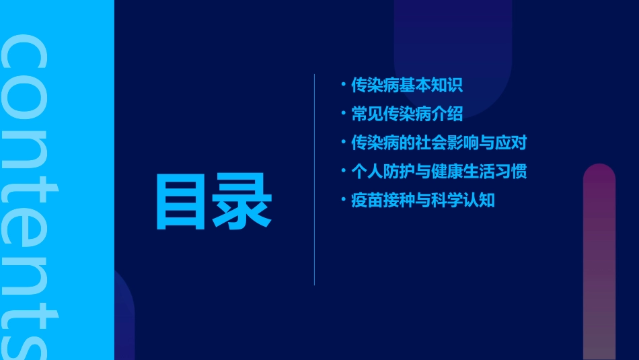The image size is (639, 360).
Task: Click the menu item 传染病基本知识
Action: [407, 85]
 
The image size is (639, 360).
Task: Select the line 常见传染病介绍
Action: [407, 114]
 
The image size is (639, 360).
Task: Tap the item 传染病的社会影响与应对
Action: [439, 143]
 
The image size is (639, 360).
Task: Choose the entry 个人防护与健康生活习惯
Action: [439, 171]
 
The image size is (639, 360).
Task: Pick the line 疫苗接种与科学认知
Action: [422, 200]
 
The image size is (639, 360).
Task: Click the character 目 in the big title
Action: [183, 202]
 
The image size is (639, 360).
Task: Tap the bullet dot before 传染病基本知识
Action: [343, 85]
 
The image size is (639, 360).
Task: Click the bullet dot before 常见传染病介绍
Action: [343, 114]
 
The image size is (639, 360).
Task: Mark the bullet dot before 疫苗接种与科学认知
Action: [343, 200]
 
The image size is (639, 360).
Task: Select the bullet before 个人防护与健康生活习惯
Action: [343, 171]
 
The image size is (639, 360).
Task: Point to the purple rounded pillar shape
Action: [599, 262]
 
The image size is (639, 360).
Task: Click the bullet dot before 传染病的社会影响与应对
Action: [343, 143]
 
